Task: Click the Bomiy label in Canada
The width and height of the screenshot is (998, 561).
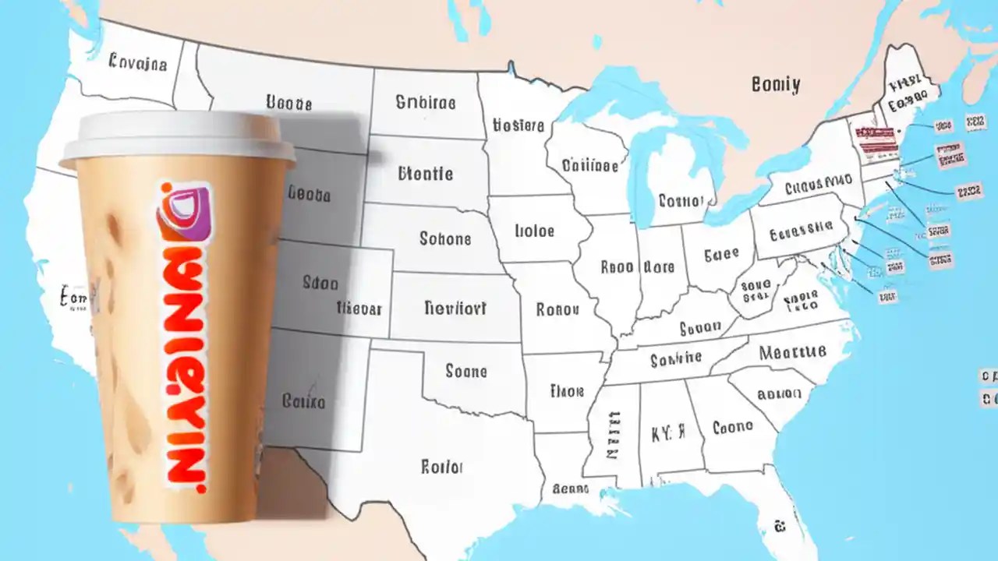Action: (775, 85)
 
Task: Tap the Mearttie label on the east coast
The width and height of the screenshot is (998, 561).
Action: (792, 352)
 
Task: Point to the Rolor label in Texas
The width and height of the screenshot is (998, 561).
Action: (442, 467)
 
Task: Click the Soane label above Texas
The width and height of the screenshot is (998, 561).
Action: (466, 372)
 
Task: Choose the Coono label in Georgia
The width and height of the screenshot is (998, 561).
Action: (732, 427)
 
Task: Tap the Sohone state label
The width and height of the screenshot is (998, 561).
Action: (446, 238)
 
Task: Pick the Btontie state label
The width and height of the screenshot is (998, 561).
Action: (425, 173)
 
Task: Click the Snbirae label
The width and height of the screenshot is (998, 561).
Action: (425, 102)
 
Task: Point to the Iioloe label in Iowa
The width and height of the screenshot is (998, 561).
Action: (535, 231)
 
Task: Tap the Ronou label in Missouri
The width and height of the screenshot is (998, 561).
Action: (557, 309)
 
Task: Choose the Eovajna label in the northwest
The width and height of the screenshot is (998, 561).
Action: (138, 63)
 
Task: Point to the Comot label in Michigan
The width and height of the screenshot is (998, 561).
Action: (681, 201)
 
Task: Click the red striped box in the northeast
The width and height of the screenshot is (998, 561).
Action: (869, 139)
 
